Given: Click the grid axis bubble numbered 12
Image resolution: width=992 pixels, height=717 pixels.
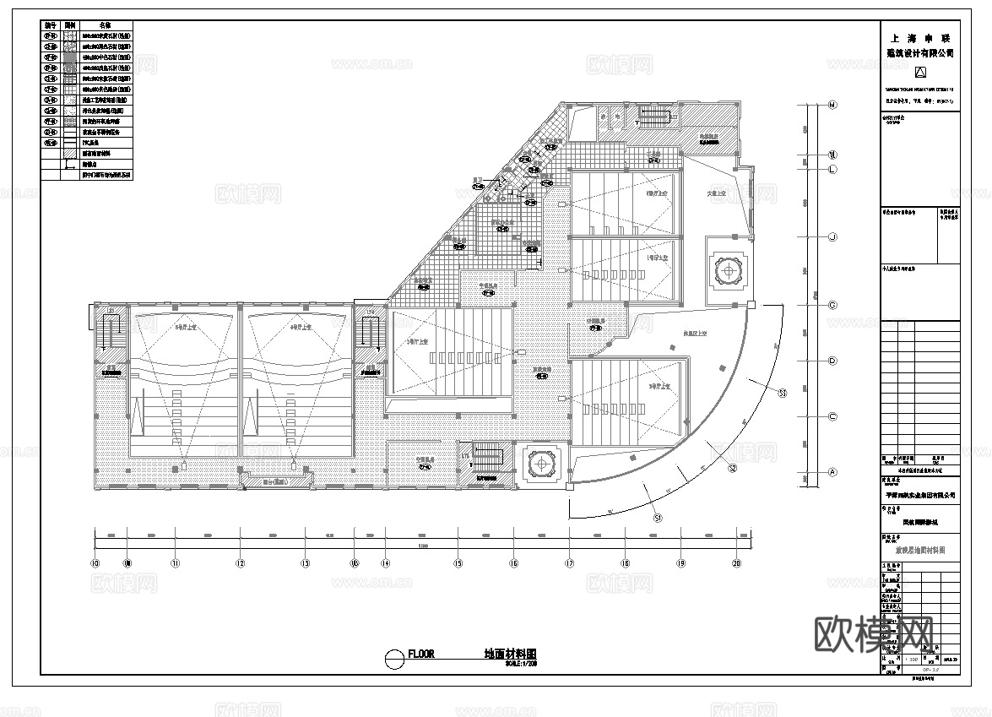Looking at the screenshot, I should tap(240, 563).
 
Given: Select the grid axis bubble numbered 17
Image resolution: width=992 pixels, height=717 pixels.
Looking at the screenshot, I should tap(570, 563).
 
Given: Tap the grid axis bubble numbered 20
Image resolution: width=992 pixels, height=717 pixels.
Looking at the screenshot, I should tap(736, 563).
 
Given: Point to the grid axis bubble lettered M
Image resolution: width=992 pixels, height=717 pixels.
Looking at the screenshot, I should tap(832, 106).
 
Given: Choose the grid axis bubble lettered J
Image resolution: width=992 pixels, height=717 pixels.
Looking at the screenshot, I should tap(832, 237).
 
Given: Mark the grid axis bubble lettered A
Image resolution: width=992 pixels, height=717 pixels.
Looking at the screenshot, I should tap(832, 472).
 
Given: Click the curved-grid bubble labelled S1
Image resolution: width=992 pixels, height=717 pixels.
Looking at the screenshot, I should tap(659, 514).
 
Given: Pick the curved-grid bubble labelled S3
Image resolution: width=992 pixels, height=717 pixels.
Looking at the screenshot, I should tap(782, 393).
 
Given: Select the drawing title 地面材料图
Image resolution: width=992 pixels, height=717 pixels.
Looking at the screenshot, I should tap(510, 655).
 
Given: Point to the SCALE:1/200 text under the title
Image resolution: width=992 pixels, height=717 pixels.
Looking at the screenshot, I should tap(521, 664).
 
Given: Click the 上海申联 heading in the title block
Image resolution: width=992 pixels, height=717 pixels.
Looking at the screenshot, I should tap(919, 39).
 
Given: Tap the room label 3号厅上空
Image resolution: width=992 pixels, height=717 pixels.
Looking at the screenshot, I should tap(417, 342).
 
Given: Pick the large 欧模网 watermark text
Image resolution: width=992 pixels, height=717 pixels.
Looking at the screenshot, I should tap(872, 631).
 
